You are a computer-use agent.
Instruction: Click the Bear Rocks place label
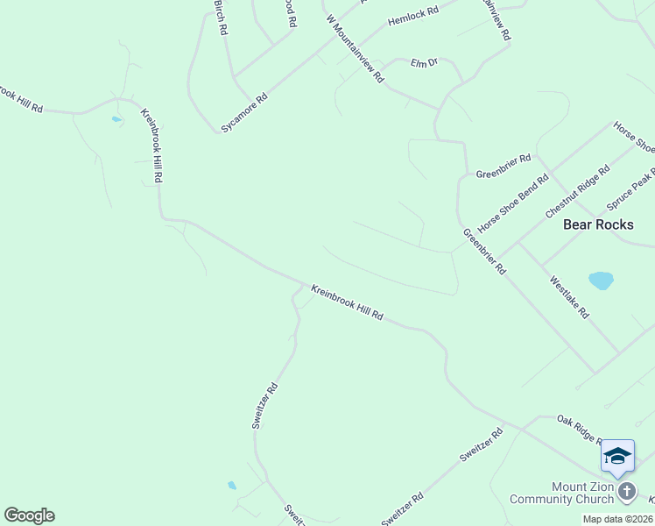click(x=598, y=224)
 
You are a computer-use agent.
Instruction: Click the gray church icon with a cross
click(x=627, y=491)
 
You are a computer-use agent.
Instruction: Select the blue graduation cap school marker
click(x=617, y=457)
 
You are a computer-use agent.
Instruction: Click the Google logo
click(x=29, y=515)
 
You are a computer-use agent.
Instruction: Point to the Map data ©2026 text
click(x=617, y=519)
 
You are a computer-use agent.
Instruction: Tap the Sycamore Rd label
click(x=244, y=114)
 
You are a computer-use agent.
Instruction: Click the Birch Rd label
click(x=221, y=18)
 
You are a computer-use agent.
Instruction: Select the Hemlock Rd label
click(x=412, y=18)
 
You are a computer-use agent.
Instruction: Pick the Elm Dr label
click(x=424, y=63)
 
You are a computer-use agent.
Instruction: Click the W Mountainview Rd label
click(x=355, y=48)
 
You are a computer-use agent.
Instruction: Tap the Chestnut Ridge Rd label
click(x=577, y=192)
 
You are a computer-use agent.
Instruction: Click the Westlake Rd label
click(x=569, y=297)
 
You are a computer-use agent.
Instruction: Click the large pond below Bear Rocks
click(x=601, y=281)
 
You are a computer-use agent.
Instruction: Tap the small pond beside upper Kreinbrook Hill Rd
click(x=116, y=118)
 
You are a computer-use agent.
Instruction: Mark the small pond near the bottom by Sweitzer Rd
click(x=232, y=485)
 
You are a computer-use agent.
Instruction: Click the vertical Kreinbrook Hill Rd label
click(x=152, y=146)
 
